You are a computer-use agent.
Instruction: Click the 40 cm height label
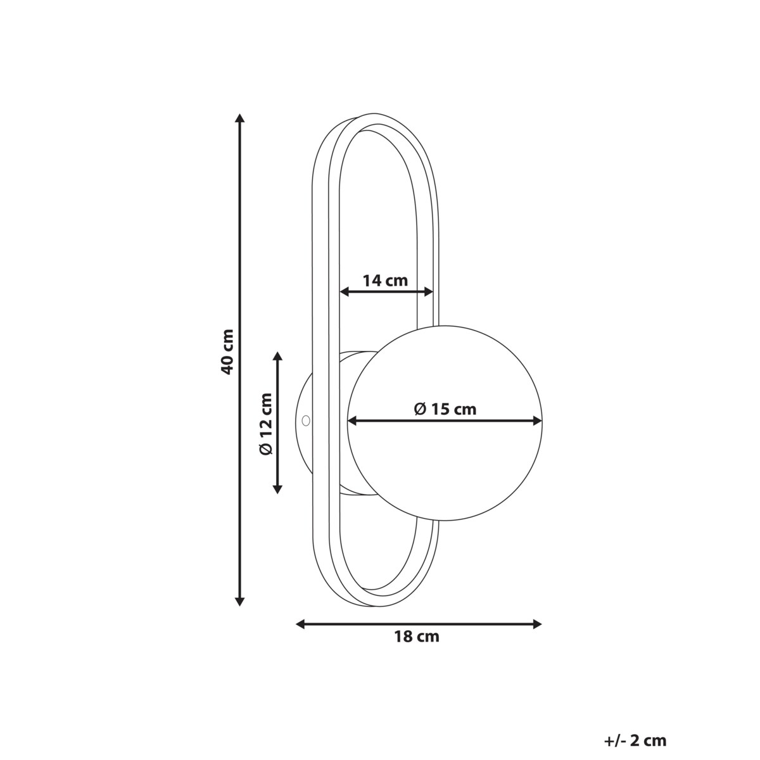point(227,351)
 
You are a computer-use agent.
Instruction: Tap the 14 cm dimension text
point(385,281)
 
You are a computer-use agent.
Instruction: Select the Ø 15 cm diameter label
point(445,409)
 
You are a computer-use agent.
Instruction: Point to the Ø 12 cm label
point(266,424)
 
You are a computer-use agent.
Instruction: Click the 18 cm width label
point(417,648)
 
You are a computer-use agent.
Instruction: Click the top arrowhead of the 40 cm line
point(239,118)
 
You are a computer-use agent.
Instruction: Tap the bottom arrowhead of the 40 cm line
point(239,612)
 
